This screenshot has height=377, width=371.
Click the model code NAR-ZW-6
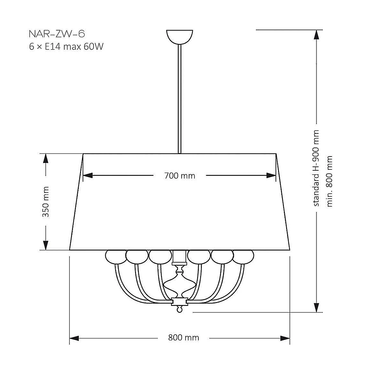[x=57, y=34]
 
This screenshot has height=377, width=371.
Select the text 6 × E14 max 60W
[x=66, y=46]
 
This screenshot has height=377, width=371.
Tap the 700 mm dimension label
[x=180, y=176]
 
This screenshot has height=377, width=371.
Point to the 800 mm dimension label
[x=184, y=338]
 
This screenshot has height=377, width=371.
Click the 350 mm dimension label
[x=46, y=202]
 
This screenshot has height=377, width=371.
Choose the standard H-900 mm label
[x=316, y=168]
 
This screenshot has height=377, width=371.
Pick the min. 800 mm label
[x=330, y=181]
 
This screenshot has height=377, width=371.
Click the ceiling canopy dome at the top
[x=180, y=37]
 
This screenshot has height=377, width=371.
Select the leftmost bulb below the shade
[x=116, y=257]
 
